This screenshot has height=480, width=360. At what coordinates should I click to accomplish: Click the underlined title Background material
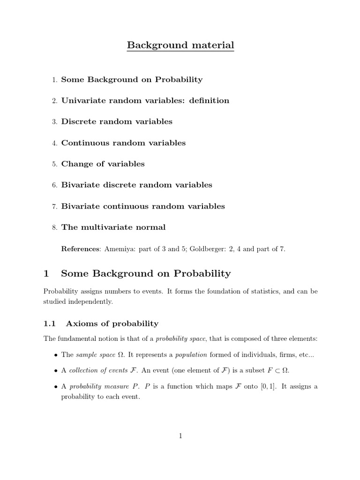click(180, 45)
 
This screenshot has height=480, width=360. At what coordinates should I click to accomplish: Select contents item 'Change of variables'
click(103, 164)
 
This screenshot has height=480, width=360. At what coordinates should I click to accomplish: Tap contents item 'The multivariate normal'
click(113, 227)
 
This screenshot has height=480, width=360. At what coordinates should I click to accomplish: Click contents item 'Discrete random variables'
click(117, 122)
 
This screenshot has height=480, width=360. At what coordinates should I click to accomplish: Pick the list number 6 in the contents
click(54, 186)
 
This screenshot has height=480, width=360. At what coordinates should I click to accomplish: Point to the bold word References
click(81, 249)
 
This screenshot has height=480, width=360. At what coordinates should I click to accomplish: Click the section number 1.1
click(50, 324)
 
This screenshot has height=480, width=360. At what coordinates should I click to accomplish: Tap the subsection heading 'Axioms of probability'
click(112, 324)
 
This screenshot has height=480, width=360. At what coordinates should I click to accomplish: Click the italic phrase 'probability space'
click(177, 339)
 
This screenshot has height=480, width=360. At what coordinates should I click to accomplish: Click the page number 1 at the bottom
click(180, 436)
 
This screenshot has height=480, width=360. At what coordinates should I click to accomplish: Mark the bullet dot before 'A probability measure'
click(56, 387)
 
